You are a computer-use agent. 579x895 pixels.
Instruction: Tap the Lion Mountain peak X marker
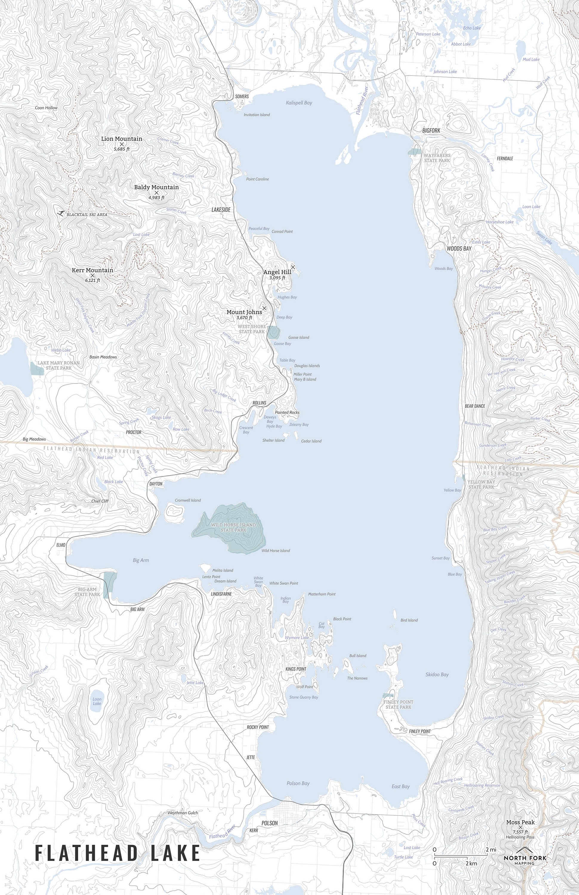pyautogui.click(x=122, y=144)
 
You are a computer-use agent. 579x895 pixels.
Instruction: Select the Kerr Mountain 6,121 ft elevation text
pyautogui.click(x=92, y=280)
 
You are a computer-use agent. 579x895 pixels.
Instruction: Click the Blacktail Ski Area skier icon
pyautogui.click(x=61, y=213)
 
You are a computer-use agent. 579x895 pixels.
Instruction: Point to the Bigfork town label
pyautogui.click(x=431, y=130)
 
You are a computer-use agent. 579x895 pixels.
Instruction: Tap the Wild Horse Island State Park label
pyautogui.click(x=233, y=527)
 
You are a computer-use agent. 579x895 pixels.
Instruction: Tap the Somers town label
pyautogui.click(x=242, y=97)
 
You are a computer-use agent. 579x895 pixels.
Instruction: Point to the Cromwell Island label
pyautogui.click(x=188, y=500)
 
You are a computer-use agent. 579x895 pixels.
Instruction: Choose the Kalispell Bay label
pyautogui.click(x=299, y=103)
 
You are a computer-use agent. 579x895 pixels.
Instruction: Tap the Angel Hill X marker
pyautogui.click(x=293, y=267)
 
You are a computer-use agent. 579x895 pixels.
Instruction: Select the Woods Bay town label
pyautogui.click(x=459, y=249)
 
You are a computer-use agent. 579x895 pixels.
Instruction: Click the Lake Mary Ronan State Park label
pyautogui.click(x=55, y=365)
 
